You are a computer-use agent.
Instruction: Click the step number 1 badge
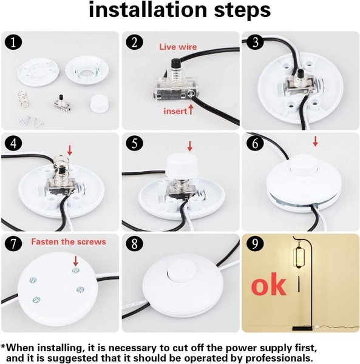pos(13,43)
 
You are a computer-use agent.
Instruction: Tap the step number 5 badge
pos(135,144)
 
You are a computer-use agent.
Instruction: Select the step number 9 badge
pos(255,244)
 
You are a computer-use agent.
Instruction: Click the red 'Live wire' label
pos(178,47)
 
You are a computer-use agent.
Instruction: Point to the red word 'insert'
pos(175,111)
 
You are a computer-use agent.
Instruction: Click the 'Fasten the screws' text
pos(69,241)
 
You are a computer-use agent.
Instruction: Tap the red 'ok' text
pos(268,285)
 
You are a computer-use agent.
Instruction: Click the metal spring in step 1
pos(22,98)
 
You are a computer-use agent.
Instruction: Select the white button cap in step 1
pos(98,103)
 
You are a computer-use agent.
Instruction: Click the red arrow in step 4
pos(70,150)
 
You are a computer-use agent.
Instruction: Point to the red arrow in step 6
pos(315,141)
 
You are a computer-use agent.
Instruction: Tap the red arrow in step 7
pos(75,261)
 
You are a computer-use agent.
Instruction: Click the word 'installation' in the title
pos(148,10)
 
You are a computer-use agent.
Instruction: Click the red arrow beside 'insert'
pos(191,110)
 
